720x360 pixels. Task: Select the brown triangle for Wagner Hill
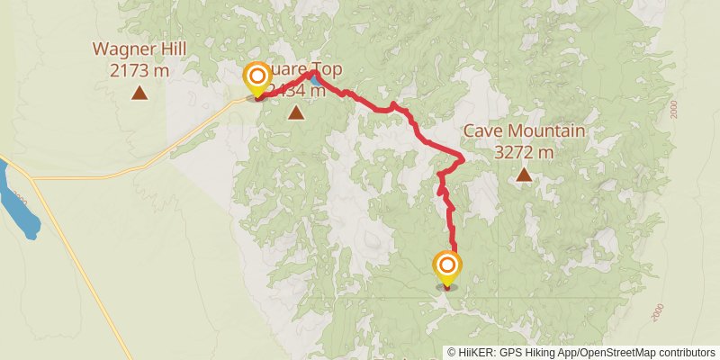[139, 92]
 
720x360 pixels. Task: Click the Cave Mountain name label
[524, 131]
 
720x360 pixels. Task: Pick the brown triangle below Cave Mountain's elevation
[524, 175]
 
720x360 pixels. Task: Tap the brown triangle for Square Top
[296, 112]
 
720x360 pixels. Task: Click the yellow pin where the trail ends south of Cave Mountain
[446, 268]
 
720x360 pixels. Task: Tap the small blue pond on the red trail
[316, 79]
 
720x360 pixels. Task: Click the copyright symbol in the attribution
[452, 352]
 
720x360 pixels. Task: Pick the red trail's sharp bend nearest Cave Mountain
[462, 159]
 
